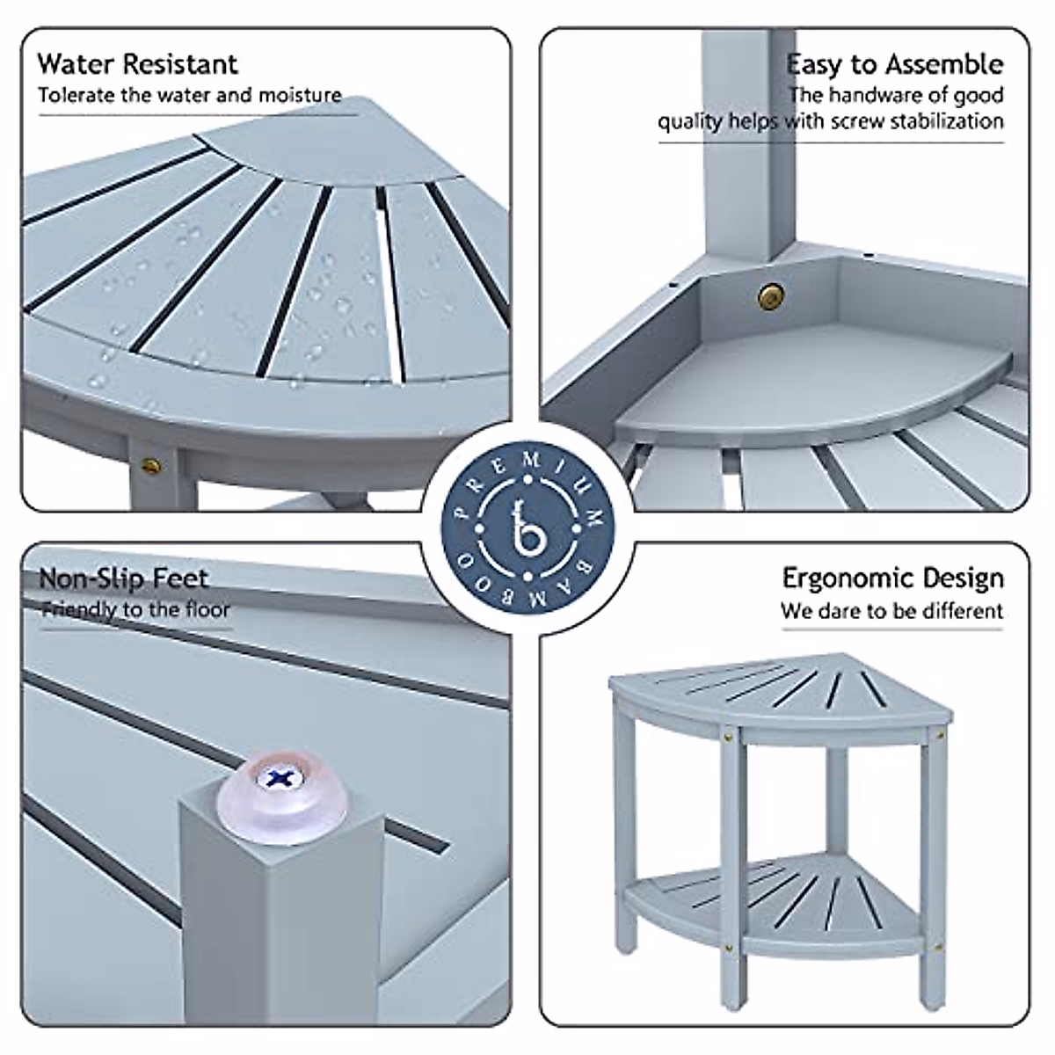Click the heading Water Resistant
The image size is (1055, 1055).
[x=137, y=64]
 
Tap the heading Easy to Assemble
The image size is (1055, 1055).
[x=894, y=64]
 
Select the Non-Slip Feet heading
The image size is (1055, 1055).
[x=124, y=578]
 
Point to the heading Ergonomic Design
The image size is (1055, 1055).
[x=892, y=578]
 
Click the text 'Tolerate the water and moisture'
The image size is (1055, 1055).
[x=189, y=95]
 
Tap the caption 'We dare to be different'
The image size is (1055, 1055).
[x=891, y=610]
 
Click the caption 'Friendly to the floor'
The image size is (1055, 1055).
[x=136, y=609]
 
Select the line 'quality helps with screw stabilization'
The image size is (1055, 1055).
[x=831, y=121]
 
